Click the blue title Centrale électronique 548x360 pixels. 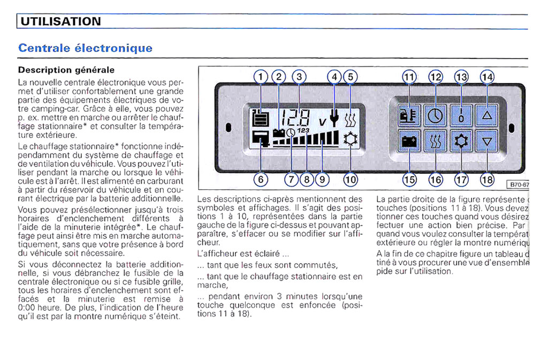pyautogui.click(x=85, y=48)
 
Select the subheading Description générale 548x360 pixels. pyautogui.click(x=66, y=70)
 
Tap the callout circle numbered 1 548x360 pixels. pyautogui.click(x=261, y=76)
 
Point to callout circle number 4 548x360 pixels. pyautogui.click(x=335, y=76)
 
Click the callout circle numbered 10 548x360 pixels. pyautogui.click(x=351, y=180)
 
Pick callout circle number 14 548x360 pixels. pyautogui.click(x=487, y=76)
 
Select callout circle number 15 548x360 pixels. pyautogui.click(x=409, y=180)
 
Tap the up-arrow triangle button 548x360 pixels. pyautogui.click(x=487, y=114)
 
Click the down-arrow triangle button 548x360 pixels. pyautogui.click(x=487, y=142)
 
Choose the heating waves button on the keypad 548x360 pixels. pyautogui.click(x=436, y=142)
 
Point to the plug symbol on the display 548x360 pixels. pyautogui.click(x=336, y=119)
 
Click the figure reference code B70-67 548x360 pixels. pyautogui.click(x=518, y=185)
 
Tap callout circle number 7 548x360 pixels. pyautogui.click(x=292, y=180)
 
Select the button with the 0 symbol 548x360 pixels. pyautogui.click(x=461, y=114)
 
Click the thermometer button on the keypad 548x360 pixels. pyautogui.click(x=410, y=114)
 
